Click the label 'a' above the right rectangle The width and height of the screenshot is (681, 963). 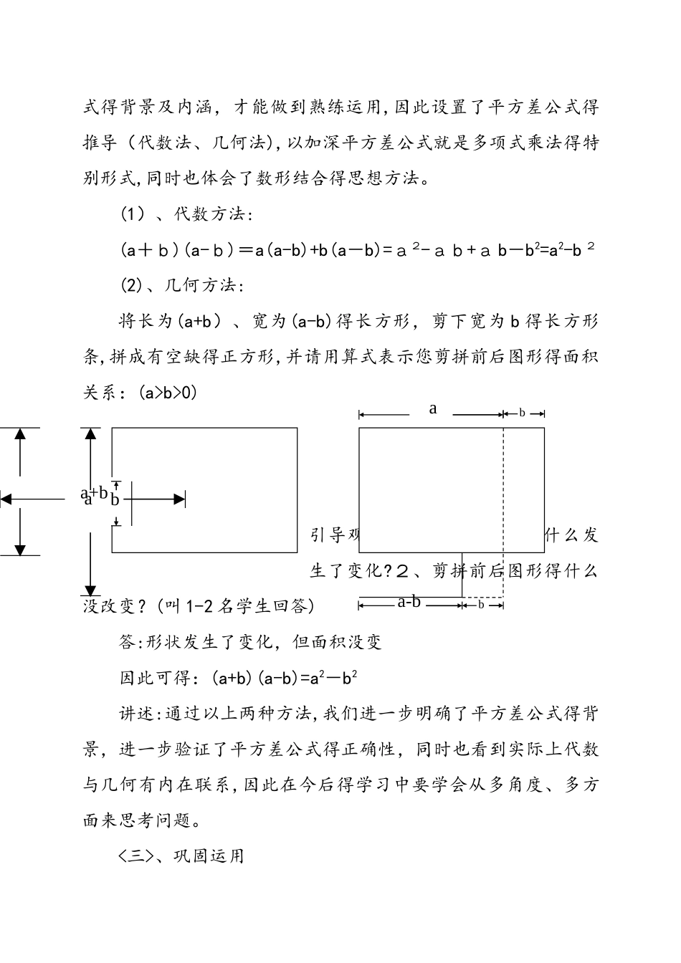tap(433, 409)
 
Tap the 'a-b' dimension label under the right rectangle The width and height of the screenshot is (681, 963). tap(409, 602)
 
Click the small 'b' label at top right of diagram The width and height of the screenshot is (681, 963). tap(522, 413)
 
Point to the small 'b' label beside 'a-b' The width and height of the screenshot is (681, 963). tap(481, 605)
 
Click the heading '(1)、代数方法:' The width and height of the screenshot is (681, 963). tap(185, 214)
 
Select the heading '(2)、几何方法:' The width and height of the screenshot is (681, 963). tap(182, 285)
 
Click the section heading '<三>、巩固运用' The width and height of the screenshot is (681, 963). tap(181, 856)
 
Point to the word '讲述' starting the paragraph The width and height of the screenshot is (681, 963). tap(135, 713)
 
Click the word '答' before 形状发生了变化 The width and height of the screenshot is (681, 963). tap(126, 641)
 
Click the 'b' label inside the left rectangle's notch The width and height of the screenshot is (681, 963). tap(115, 500)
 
